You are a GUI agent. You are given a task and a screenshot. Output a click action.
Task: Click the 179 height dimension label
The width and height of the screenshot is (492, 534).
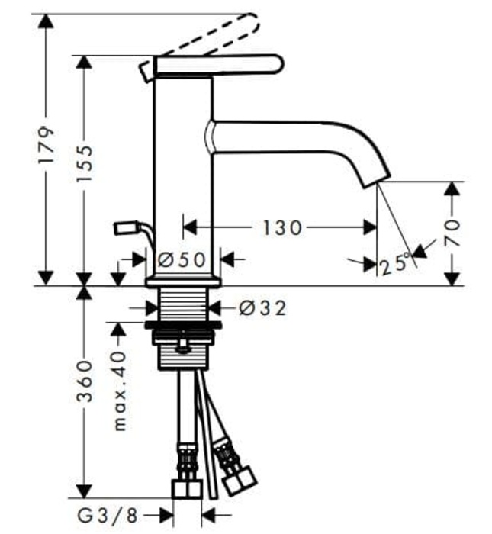(x=47, y=146)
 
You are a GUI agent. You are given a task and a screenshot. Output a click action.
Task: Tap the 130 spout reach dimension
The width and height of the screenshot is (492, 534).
(x=283, y=227)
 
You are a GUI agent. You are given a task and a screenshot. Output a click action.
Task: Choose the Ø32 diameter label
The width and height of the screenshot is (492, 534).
(x=262, y=308)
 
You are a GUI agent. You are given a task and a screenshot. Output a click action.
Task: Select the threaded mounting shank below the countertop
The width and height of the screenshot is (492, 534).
(x=183, y=305)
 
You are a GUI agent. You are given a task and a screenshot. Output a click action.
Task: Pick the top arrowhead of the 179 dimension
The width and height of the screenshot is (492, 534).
(x=47, y=22)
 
